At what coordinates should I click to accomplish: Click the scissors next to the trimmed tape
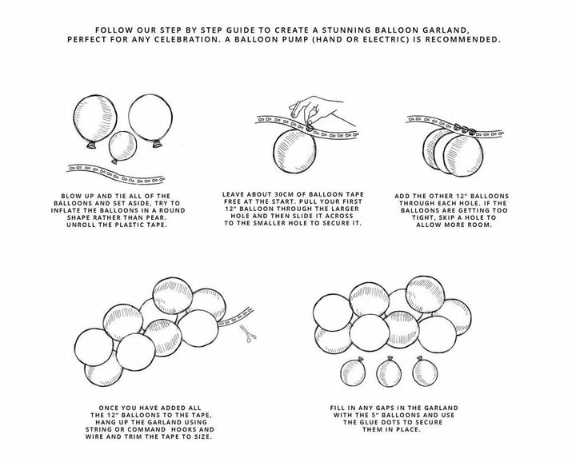pyautogui.click(x=248, y=333)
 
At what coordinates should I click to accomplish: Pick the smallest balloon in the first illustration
pyautogui.click(x=122, y=147)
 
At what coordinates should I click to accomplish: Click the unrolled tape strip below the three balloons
pyautogui.click(x=115, y=174)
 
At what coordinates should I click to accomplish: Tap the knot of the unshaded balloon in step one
pyautogui.click(x=157, y=144)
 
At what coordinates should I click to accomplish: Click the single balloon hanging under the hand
pyautogui.click(x=294, y=151)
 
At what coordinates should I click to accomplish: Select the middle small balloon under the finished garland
pyautogui.click(x=389, y=372)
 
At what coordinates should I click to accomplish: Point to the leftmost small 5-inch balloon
pyautogui.click(x=353, y=372)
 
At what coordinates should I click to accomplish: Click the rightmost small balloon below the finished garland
pyautogui.click(x=425, y=372)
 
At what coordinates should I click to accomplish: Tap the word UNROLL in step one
pyautogui.click(x=78, y=225)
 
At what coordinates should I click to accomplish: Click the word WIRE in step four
pyautogui.click(x=94, y=436)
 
